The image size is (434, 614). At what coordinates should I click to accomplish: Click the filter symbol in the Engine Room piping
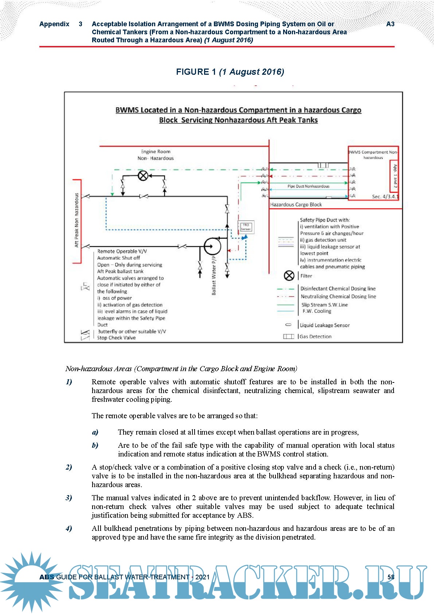(143, 176)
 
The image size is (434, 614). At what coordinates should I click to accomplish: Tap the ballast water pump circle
(212, 246)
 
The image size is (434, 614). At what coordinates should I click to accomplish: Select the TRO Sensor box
(246, 227)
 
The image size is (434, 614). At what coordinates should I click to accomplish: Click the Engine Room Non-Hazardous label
(156, 155)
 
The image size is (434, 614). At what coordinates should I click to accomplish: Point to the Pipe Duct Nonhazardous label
(308, 186)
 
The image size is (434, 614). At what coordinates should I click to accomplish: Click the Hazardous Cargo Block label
(296, 205)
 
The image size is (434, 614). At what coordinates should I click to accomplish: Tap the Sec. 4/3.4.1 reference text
(385, 197)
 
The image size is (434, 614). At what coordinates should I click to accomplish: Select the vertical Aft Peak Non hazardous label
(77, 220)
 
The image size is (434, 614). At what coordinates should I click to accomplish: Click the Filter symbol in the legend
(289, 276)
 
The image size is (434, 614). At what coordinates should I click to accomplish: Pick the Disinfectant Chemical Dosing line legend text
(338, 288)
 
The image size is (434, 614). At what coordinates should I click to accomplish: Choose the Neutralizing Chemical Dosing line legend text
(338, 296)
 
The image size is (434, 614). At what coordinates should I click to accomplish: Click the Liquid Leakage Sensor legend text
(325, 325)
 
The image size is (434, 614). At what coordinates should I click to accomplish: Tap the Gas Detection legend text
(316, 337)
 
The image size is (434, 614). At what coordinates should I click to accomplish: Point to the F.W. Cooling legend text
(317, 311)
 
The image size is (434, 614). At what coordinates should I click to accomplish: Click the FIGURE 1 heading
(230, 72)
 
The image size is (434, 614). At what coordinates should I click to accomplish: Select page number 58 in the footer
(391, 577)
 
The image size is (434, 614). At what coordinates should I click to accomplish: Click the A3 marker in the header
(390, 24)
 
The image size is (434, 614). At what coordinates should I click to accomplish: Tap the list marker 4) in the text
(69, 528)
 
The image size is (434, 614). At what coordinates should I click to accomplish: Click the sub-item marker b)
(95, 445)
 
